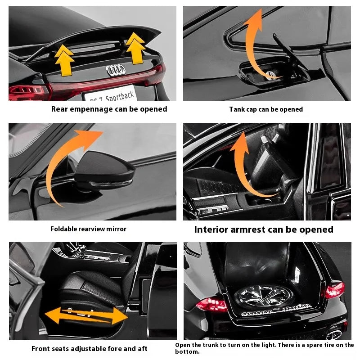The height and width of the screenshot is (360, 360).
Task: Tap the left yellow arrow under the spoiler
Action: tap(64, 58)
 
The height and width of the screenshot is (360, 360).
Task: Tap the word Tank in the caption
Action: tap(237, 109)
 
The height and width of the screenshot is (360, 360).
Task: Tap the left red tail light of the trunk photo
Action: tap(211, 305)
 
